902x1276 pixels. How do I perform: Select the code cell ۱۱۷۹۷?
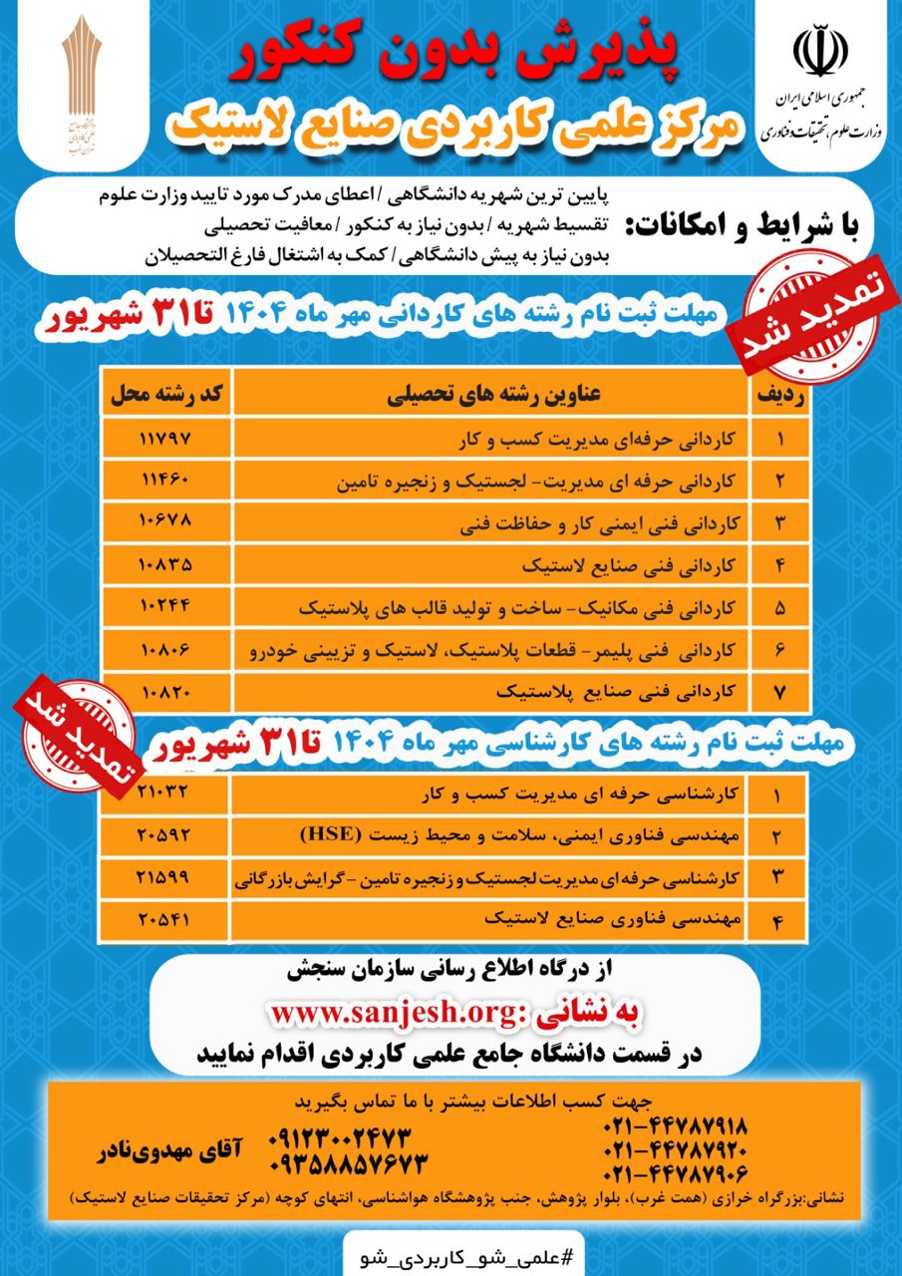point(166,438)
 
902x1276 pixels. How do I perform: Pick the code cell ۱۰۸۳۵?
point(166,563)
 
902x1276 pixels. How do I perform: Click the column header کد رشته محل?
point(166,394)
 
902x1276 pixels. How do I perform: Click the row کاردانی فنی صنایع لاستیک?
point(629,563)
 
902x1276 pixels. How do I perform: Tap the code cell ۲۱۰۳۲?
point(166,794)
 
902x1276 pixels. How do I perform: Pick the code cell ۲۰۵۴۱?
point(166,919)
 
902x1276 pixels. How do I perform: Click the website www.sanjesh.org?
point(390,1013)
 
